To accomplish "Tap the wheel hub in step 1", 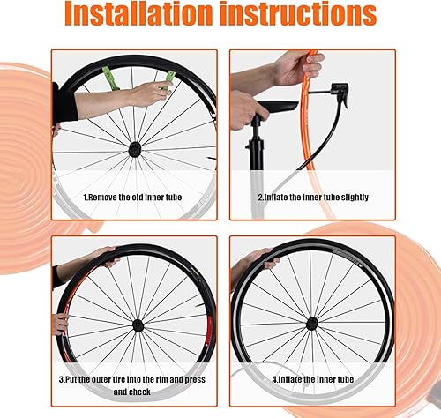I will pos(135,150).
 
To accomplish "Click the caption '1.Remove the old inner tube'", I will pos(132,198).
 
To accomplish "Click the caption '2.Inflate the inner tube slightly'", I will pos(313,198).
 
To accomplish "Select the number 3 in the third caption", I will pos(63,379).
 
